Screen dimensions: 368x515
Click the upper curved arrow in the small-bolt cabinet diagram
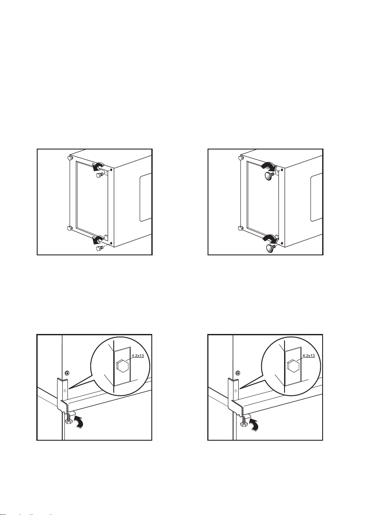(98, 166)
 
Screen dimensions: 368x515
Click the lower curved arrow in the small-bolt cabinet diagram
(98, 239)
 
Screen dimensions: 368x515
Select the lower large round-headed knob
(271, 248)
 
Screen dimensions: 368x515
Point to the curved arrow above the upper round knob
(269, 166)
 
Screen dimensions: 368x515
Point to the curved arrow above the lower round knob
(270, 238)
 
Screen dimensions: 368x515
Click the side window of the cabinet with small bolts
(145, 197)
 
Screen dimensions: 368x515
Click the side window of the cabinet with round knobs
(317, 197)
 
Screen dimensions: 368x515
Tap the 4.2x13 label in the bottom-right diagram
(308, 356)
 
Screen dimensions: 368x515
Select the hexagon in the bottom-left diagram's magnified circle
(122, 366)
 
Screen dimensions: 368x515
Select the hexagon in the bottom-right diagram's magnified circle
(292, 366)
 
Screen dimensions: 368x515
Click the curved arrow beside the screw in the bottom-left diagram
(79, 421)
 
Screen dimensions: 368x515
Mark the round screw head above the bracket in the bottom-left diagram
(67, 373)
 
